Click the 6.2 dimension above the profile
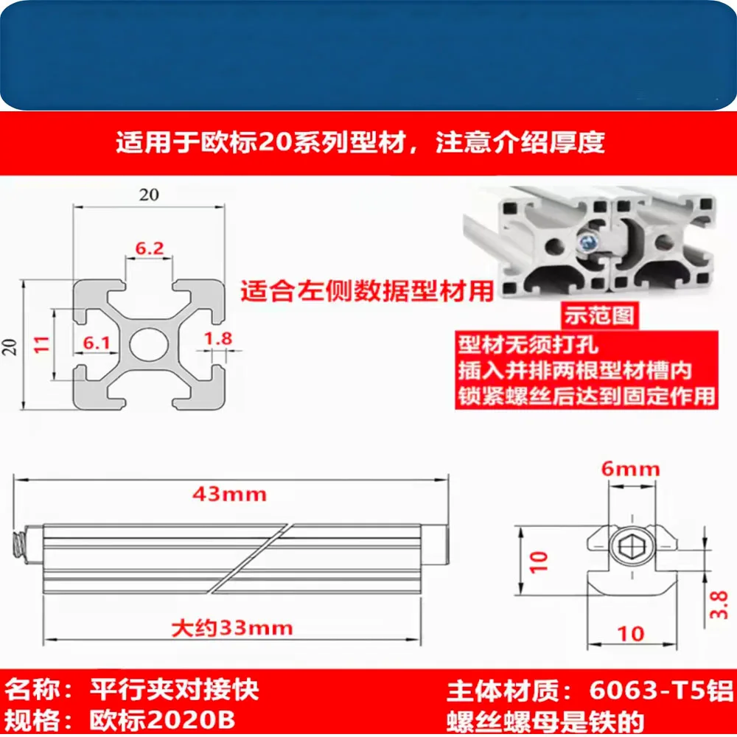point(150,248)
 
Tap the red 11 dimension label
point(42,344)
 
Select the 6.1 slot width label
point(97,343)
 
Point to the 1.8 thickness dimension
point(218,338)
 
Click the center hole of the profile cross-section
point(149,344)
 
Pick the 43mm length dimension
point(229,494)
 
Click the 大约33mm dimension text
point(232,628)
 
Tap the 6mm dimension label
point(631,469)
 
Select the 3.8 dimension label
point(719,605)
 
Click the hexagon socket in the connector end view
point(632,547)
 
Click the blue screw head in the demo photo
point(588,243)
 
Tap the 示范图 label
point(599,315)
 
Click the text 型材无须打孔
point(528,345)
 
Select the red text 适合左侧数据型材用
point(367,291)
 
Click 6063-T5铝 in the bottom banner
point(661,691)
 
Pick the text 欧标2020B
point(162,719)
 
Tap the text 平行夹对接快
point(175,690)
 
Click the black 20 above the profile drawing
point(149,195)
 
